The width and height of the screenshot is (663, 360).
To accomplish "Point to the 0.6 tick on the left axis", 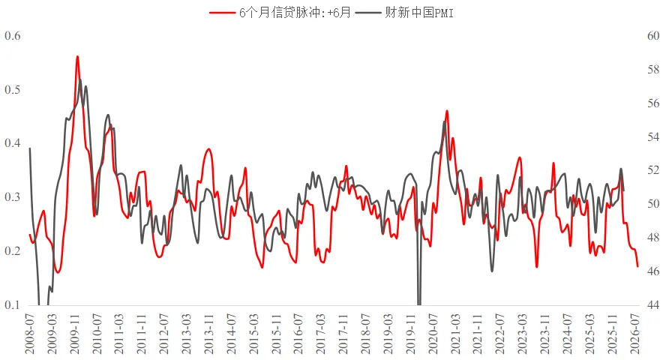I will pyautogui.click(x=13, y=36).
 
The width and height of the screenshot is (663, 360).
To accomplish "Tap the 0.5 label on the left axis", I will pyautogui.click(x=13, y=90).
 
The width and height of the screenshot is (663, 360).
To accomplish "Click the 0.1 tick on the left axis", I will pyautogui.click(x=13, y=305).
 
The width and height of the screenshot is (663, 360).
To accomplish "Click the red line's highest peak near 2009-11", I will pyautogui.click(x=77, y=56).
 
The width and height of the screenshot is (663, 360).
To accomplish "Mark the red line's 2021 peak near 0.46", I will pyautogui.click(x=447, y=111).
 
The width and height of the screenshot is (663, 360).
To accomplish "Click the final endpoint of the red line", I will pyautogui.click(x=637, y=266).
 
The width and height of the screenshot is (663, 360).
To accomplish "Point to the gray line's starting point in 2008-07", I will pyautogui.click(x=30, y=148).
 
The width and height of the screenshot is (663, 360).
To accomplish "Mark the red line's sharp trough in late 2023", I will pyautogui.click(x=537, y=266).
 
